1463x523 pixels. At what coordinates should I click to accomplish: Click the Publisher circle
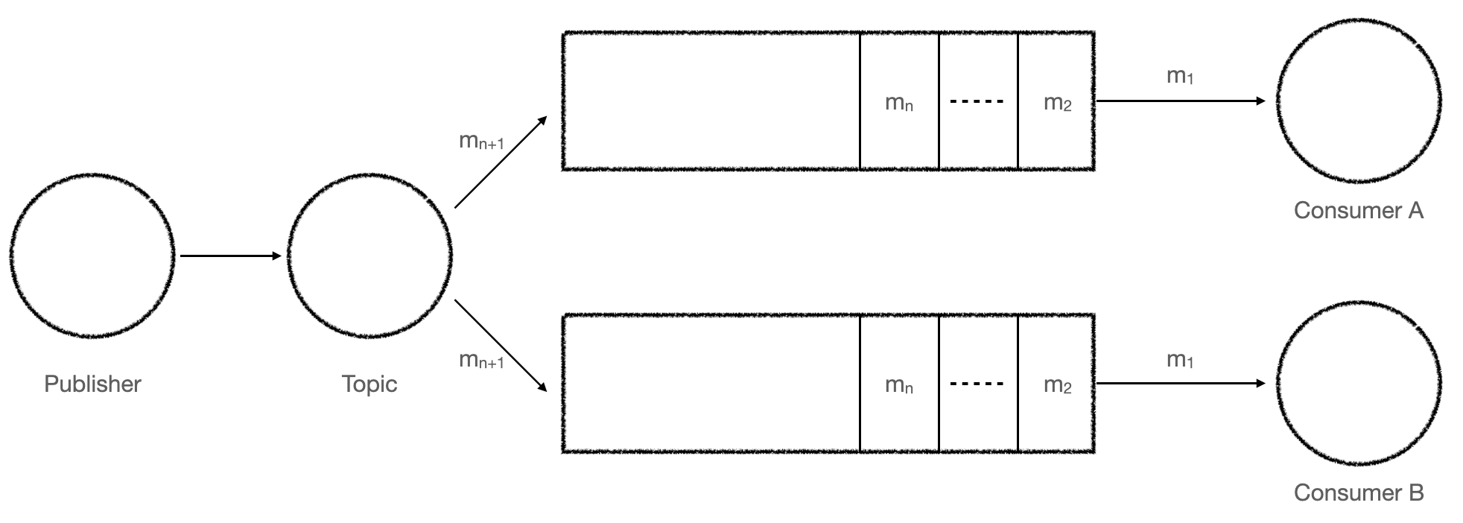92,256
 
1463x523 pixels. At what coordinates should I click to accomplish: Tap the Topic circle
369,256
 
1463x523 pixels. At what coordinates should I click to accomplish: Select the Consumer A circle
1359,101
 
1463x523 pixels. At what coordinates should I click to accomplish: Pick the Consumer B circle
1359,383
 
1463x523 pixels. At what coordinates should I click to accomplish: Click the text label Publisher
92,384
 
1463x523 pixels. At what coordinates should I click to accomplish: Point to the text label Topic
369,384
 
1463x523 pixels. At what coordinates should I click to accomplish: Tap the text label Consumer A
1359,211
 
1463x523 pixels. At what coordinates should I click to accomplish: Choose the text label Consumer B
1359,492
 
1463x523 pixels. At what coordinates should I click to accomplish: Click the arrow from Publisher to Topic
231,256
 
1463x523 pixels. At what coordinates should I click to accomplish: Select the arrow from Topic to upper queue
501,162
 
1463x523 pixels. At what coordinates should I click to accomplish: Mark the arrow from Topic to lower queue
501,345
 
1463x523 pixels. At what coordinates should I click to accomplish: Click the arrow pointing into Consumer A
1181,101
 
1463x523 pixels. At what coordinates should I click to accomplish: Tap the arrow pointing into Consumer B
1181,383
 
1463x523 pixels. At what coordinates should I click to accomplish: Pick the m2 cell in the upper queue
1056,101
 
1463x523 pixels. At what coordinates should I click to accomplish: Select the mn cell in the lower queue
899,384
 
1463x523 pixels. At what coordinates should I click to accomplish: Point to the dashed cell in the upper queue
977,101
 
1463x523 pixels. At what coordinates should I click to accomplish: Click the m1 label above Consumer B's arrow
1180,361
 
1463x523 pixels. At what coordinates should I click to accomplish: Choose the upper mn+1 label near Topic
481,141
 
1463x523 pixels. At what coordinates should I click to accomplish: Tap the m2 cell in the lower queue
1056,384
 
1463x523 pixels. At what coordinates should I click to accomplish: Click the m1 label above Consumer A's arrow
1180,76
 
